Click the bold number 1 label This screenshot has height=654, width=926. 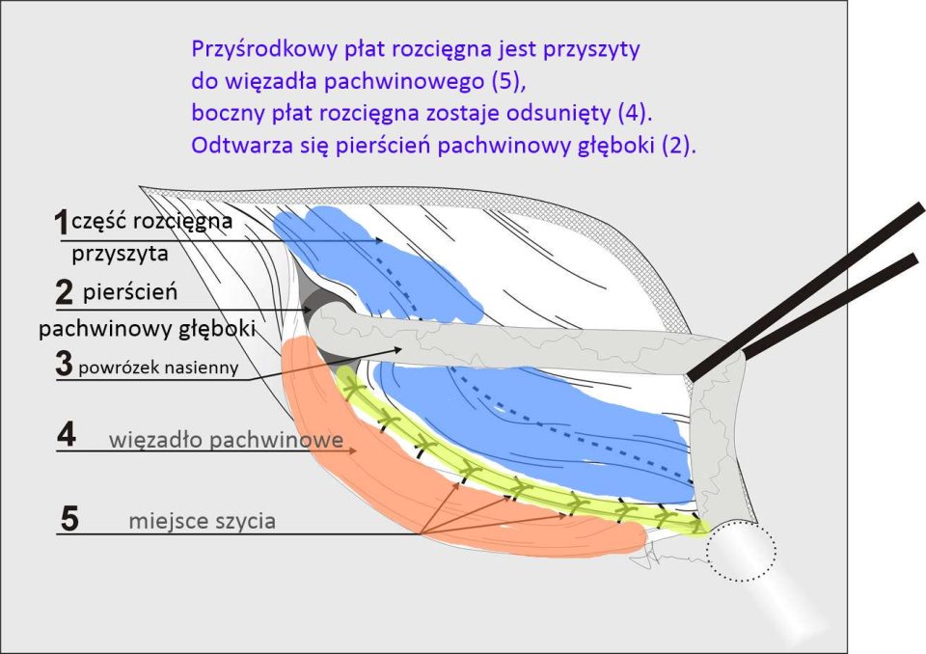[x=61, y=223]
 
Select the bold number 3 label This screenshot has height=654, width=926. [x=65, y=365]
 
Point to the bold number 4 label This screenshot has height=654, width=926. [x=66, y=436]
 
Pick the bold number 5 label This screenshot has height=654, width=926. [x=69, y=519]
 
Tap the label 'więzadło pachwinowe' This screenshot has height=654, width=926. [x=227, y=441]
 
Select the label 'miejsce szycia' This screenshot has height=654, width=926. [x=203, y=522]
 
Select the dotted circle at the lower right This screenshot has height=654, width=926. [x=740, y=553]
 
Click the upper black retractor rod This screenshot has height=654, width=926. [x=810, y=289]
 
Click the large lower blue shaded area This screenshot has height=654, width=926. [x=540, y=424]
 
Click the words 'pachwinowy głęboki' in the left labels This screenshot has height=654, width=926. [x=147, y=329]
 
